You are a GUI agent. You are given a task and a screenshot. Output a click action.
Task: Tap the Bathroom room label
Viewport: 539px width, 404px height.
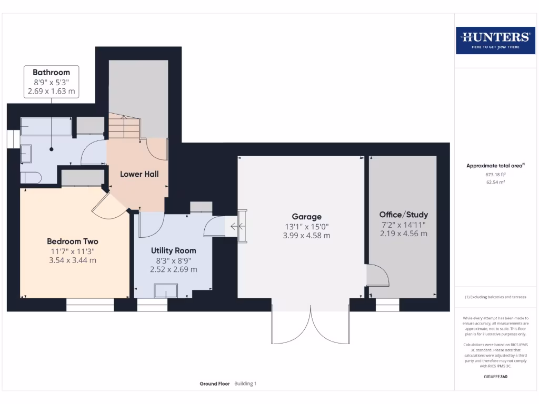51,72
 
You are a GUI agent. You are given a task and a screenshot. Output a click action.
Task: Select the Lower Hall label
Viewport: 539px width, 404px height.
139,174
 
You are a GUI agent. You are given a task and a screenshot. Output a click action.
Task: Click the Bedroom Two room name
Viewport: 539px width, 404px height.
73,241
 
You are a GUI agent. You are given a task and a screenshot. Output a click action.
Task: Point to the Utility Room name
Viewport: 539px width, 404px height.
173,250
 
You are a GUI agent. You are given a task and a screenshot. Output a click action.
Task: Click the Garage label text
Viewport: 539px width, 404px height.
306,216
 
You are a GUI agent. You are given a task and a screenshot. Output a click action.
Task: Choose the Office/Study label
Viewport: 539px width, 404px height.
404,215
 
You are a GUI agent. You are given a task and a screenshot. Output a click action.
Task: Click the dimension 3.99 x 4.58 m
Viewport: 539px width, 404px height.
306,236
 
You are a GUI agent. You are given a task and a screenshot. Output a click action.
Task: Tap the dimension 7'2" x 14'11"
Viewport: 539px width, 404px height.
404,225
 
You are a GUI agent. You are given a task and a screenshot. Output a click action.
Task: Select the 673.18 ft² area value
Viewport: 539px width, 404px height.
495,174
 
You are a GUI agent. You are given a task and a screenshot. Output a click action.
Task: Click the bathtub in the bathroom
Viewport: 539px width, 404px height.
46,127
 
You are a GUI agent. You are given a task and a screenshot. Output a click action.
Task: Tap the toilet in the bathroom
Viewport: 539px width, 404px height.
31,177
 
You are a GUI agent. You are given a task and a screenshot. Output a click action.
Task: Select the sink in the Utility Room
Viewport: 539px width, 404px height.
165,290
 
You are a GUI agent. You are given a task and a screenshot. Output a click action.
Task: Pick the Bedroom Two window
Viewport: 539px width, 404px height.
90,305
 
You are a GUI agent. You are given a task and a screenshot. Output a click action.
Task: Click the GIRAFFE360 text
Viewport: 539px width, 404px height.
495,377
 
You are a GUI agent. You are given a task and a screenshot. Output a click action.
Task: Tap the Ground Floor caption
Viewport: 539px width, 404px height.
215,384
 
